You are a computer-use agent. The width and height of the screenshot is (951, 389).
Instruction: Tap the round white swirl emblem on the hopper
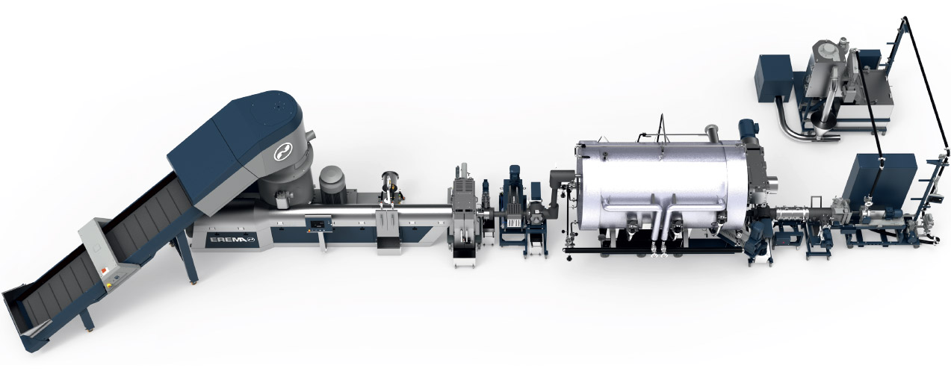pos(283,152)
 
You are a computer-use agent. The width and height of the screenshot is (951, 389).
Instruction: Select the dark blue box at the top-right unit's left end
pos(773,78)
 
